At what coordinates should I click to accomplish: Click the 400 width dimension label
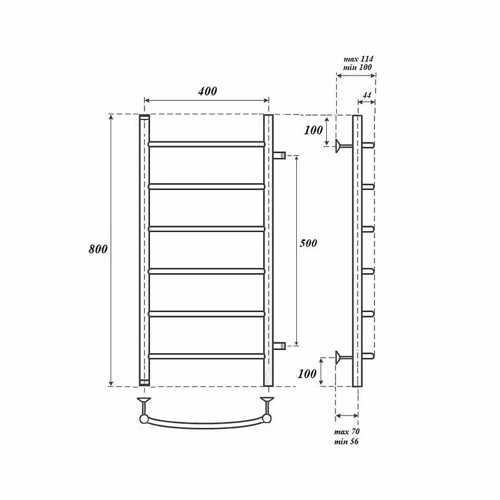tap(207, 91)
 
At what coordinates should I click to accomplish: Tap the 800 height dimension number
tap(98, 249)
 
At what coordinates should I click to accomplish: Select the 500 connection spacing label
tap(308, 243)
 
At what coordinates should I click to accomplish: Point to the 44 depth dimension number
tap(367, 96)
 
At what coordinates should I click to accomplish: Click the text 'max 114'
tap(358, 59)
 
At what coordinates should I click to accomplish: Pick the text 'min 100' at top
tap(357, 67)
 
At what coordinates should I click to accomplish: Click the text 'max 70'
tap(347, 432)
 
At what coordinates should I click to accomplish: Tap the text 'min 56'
tap(346, 442)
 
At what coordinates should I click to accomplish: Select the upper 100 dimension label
tap(314, 130)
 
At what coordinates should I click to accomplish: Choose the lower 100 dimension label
tap(307, 374)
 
